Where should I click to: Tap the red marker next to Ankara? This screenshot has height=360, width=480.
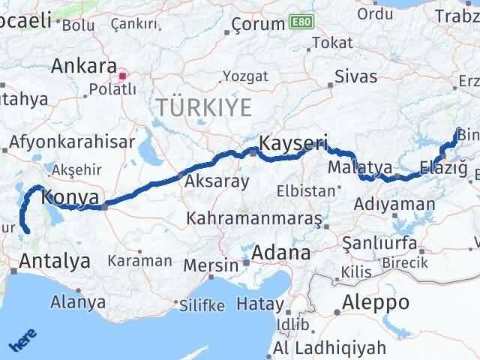(x=123, y=75)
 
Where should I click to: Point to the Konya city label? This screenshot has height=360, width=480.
(x=70, y=197)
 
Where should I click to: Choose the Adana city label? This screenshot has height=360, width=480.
(x=280, y=253)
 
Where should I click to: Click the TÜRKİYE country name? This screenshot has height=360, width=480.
(x=204, y=108)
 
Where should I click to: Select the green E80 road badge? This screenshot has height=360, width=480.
(x=298, y=24)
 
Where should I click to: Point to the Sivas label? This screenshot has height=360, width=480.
(x=356, y=76)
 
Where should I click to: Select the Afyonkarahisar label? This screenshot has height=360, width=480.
(x=72, y=142)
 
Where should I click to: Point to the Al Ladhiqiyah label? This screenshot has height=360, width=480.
(x=330, y=348)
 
